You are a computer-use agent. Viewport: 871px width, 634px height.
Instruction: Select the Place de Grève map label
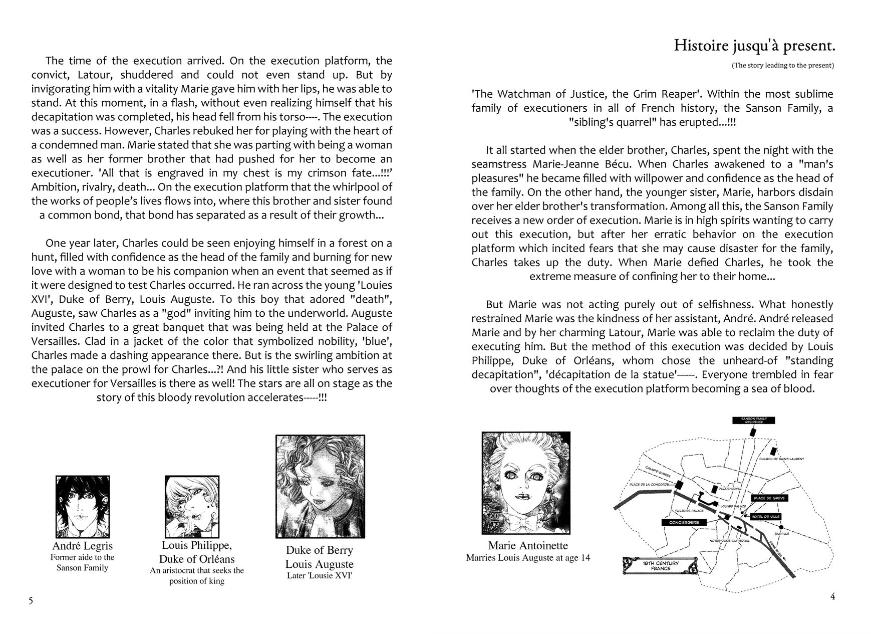click(769, 498)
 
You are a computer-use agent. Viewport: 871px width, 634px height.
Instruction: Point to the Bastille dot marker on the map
click(781, 527)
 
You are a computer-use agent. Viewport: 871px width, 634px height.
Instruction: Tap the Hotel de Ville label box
click(765, 516)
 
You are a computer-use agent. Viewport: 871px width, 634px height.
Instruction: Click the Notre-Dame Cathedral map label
click(729, 541)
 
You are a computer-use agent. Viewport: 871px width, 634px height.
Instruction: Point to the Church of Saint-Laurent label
click(781, 459)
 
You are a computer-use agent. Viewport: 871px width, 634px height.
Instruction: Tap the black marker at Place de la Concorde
click(680, 485)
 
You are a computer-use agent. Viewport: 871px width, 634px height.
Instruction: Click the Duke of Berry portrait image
click(320, 486)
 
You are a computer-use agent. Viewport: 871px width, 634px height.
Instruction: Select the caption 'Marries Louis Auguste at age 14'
click(527, 557)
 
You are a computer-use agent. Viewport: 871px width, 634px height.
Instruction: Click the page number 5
click(31, 601)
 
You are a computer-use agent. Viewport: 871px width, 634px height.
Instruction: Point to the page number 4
click(832, 596)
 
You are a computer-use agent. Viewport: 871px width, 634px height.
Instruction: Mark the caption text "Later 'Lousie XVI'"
click(320, 575)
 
